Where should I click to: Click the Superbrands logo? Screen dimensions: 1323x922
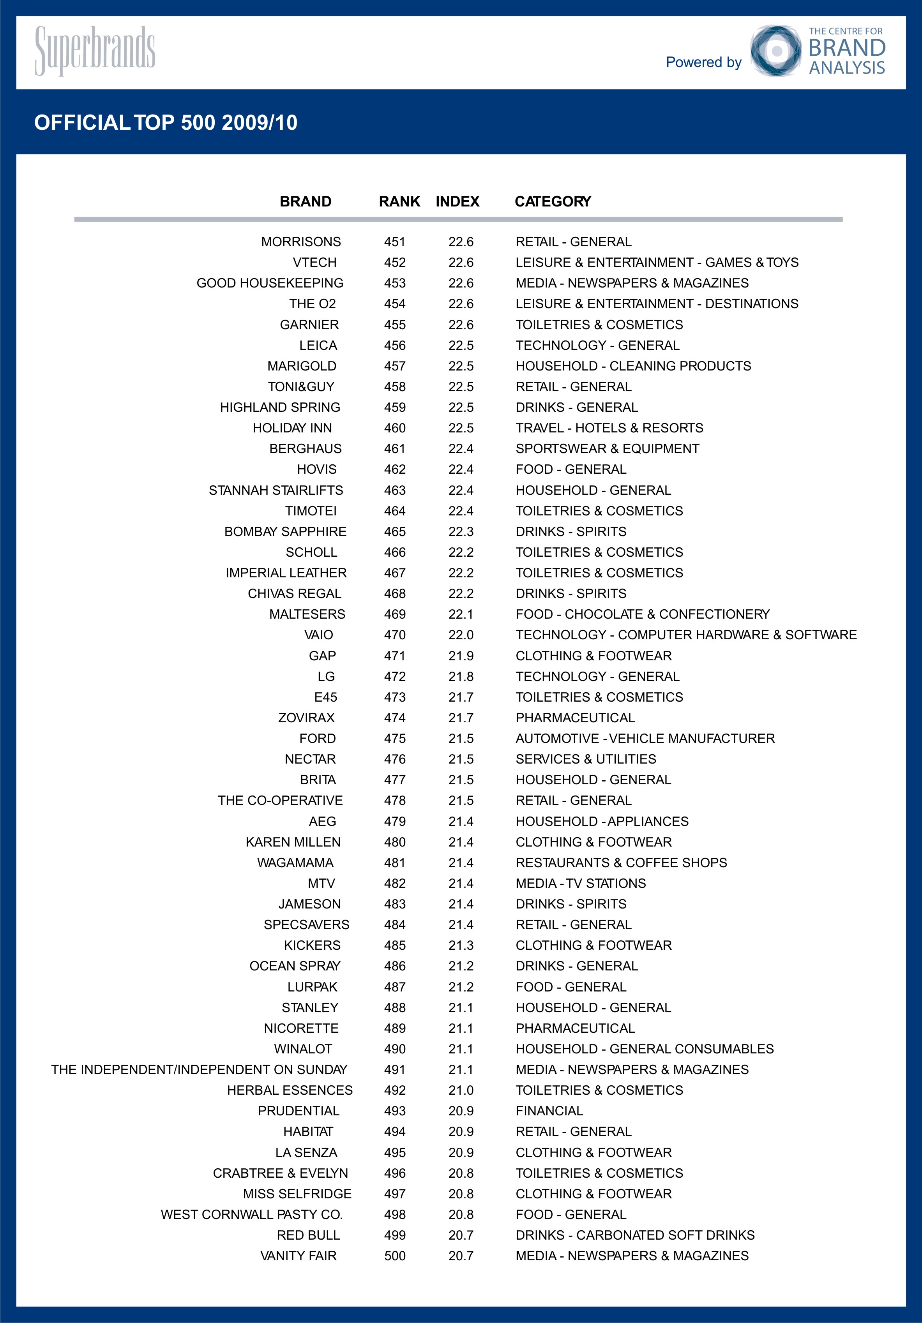[x=95, y=51]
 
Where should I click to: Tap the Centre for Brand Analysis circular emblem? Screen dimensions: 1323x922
[x=775, y=51]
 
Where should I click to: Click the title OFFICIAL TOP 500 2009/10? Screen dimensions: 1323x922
[x=166, y=123]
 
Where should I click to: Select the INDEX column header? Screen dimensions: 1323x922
[x=457, y=201]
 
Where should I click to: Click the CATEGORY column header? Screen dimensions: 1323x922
[x=553, y=201]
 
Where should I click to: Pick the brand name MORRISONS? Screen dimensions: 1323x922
[x=301, y=242]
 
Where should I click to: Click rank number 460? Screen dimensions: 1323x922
[x=395, y=428]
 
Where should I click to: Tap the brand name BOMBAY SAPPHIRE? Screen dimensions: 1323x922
[x=285, y=531]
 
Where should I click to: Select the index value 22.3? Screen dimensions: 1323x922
[x=461, y=531]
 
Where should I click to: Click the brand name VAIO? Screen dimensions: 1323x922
[x=319, y=635]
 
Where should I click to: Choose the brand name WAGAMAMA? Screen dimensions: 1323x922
[x=295, y=863]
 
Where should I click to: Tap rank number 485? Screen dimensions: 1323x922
[x=395, y=946]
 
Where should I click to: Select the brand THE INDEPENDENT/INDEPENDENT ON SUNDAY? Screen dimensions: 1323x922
[x=200, y=1069]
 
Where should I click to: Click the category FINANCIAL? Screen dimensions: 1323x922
[x=549, y=1111]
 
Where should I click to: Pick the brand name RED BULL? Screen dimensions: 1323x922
[x=308, y=1235]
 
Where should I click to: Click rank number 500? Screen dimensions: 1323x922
[x=395, y=1256]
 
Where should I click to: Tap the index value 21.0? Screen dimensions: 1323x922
[x=461, y=1090]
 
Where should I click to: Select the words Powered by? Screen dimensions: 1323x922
[x=704, y=62]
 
